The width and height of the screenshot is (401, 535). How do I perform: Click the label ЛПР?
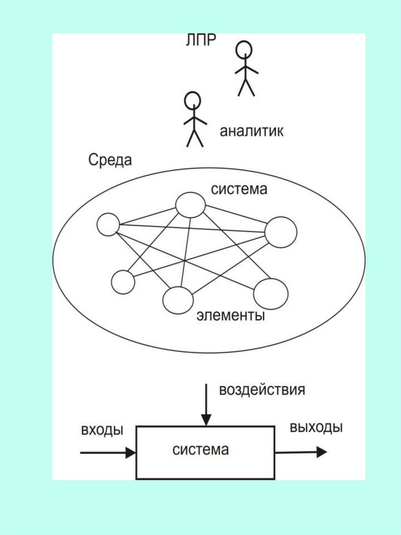(x=201, y=41)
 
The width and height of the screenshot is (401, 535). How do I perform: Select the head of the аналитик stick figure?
(x=192, y=100)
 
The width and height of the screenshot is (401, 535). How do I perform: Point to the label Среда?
(x=110, y=160)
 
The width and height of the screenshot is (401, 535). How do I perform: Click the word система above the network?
(x=239, y=189)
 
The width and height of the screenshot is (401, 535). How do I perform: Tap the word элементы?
(x=231, y=316)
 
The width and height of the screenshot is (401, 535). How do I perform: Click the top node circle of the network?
(x=190, y=204)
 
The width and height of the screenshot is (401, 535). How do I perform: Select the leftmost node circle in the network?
(x=108, y=225)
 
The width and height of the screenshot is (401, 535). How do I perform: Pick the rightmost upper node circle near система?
(x=281, y=232)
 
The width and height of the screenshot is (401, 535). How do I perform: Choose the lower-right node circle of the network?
(x=270, y=294)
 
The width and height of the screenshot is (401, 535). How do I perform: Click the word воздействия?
(x=261, y=390)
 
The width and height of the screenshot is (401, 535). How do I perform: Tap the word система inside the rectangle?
(x=201, y=449)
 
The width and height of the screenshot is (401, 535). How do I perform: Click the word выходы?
(x=316, y=427)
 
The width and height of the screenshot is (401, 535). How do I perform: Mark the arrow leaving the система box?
(x=301, y=452)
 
